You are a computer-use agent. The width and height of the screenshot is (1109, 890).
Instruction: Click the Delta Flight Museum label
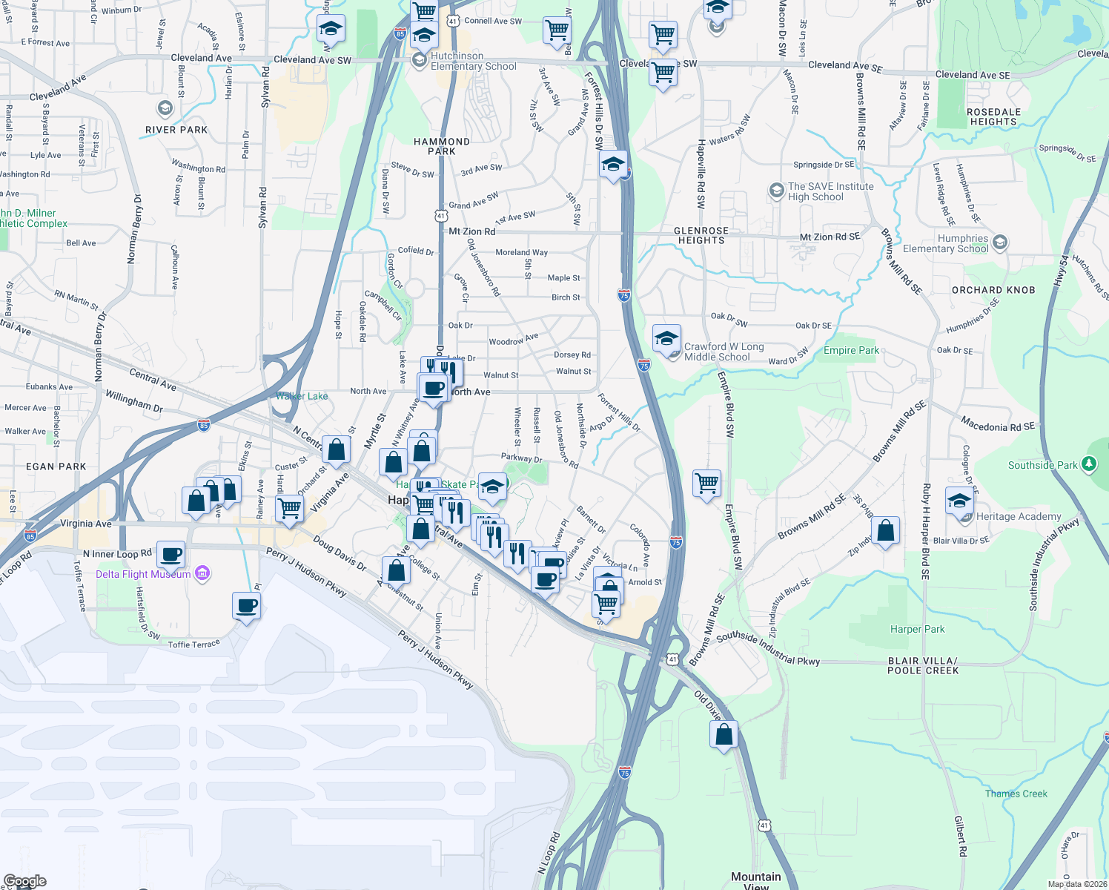coord(143,575)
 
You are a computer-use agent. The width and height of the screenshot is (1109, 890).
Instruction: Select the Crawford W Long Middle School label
coord(724,352)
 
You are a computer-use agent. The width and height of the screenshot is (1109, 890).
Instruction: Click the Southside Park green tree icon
coord(1088,465)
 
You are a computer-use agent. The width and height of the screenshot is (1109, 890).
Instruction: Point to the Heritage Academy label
coord(1019,517)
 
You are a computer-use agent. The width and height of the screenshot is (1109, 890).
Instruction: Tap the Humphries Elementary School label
coord(945,244)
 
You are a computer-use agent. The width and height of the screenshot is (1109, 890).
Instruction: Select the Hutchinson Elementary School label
coord(474,62)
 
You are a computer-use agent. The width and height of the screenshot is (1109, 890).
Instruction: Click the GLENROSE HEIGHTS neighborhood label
coord(701,236)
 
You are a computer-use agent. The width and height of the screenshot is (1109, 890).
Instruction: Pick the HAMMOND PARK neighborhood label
coord(442,146)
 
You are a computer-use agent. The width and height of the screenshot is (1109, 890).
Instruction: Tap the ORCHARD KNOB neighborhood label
coord(993,290)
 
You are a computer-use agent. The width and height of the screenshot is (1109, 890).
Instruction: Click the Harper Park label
coord(917,630)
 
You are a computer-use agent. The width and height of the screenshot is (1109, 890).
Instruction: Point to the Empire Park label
coord(851,351)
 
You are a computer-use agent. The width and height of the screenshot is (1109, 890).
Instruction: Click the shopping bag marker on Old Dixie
coord(724,735)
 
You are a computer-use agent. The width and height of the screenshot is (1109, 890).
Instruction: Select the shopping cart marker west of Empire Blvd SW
coord(707,484)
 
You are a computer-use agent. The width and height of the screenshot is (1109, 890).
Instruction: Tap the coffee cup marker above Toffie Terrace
coord(246,606)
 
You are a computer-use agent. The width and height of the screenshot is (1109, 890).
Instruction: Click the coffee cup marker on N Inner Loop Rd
coord(171,554)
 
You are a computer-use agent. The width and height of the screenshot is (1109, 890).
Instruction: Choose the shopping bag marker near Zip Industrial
coord(885,531)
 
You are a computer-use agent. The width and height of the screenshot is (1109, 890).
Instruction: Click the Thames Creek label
coord(1016,794)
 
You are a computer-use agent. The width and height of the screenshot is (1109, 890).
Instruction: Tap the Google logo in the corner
coord(25,881)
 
